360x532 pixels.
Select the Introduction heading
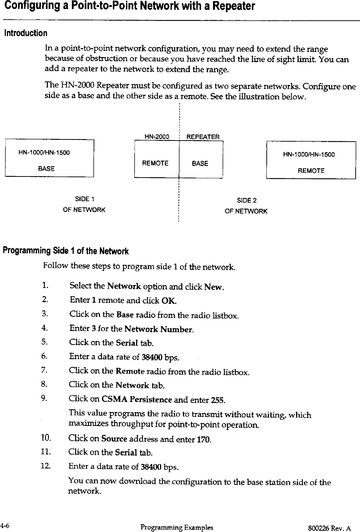(x=25, y=33)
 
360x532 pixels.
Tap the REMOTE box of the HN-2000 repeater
(x=155, y=163)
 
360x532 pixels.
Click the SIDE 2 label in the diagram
(x=246, y=200)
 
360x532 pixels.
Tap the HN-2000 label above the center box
(x=157, y=137)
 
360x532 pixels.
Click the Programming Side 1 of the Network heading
(x=66, y=251)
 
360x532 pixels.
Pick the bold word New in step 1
(x=213, y=287)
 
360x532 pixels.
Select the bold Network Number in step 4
(x=158, y=330)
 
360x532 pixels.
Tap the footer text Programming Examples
(x=177, y=527)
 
